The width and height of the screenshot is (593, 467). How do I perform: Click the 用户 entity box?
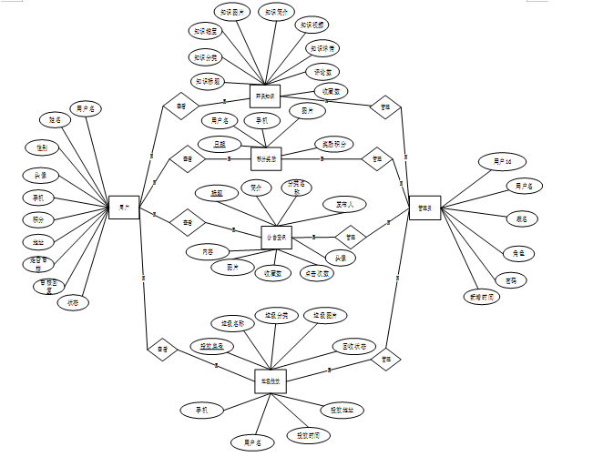click(x=123, y=208)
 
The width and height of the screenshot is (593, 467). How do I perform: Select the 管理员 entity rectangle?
click(x=424, y=208)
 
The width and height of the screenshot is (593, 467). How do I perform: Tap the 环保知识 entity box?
click(x=265, y=96)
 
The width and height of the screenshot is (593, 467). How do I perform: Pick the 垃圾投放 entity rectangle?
click(x=271, y=381)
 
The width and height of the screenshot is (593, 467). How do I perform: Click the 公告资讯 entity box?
click(x=276, y=238)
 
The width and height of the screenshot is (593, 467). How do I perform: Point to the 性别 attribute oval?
click(x=43, y=147)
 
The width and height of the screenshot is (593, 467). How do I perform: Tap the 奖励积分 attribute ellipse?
click(x=333, y=144)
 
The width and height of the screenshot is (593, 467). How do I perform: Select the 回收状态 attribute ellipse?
click(x=349, y=346)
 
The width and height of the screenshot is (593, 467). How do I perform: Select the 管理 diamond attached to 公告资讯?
click(x=349, y=237)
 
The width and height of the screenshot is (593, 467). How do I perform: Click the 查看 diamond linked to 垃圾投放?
click(x=162, y=349)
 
